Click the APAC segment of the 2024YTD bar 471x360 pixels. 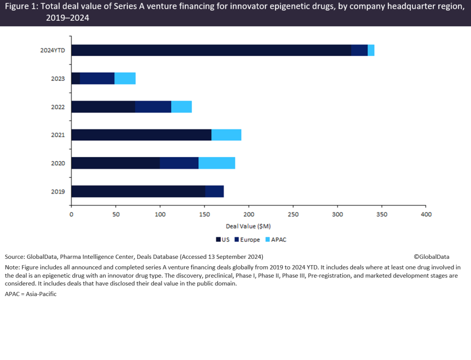(371, 50)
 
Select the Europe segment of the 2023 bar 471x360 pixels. (97, 79)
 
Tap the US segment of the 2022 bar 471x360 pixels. (103, 107)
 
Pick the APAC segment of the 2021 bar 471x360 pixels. (226, 135)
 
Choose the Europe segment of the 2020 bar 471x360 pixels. (179, 163)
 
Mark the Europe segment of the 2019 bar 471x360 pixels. (214, 191)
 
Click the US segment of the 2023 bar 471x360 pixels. (75, 79)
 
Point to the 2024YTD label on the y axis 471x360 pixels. (53, 51)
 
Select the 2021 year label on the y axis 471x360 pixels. (58, 135)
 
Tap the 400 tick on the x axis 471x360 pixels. (426, 215)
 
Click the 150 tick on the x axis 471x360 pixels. (204, 215)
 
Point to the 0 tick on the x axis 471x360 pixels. (71, 215)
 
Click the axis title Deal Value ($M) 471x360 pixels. (248, 227)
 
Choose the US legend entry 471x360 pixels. (223, 240)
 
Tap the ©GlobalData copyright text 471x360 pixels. (431, 257)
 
